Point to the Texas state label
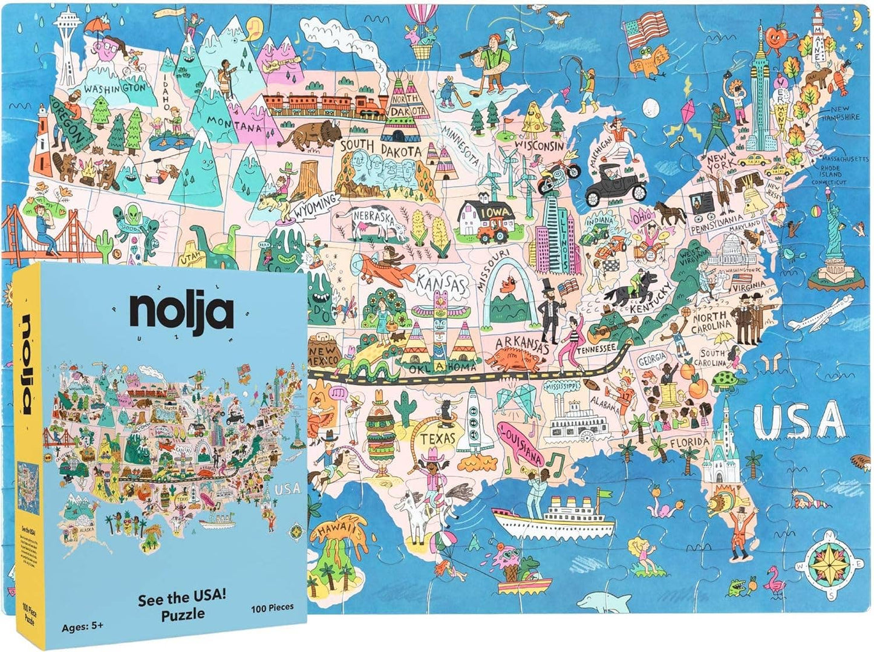point(437,438)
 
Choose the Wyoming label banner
point(315,206)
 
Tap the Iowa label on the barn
point(497,213)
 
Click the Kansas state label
point(441,283)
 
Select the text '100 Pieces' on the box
point(272,607)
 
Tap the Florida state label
point(690,443)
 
